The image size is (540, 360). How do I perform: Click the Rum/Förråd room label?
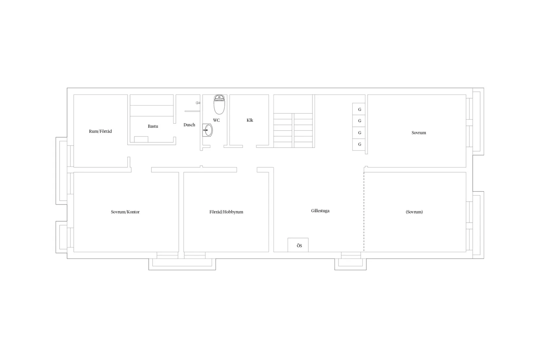point(100,132)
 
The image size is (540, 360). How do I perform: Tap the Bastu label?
point(153,126)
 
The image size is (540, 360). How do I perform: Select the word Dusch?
point(189,125)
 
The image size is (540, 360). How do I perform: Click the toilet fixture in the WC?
point(219,104)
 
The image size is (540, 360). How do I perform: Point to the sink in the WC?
point(207,130)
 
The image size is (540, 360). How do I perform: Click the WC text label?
point(216,120)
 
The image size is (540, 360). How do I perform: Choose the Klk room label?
point(250,120)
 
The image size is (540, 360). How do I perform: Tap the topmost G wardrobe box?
point(359,109)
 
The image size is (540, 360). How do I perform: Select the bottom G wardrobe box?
point(359,144)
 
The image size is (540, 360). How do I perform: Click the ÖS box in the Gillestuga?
point(298,245)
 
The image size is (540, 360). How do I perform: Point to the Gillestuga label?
point(320,211)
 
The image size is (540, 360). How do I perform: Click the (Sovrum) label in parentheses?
point(414,212)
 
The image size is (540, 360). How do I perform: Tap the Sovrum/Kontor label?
point(125,212)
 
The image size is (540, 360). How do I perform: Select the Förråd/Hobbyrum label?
point(226,212)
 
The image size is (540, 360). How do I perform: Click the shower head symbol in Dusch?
point(198,103)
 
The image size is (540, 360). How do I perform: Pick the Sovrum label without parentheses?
point(419,133)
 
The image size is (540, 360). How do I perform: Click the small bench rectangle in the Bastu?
point(141,139)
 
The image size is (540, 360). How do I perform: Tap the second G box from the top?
point(359,121)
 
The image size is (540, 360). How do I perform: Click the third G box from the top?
point(359,133)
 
